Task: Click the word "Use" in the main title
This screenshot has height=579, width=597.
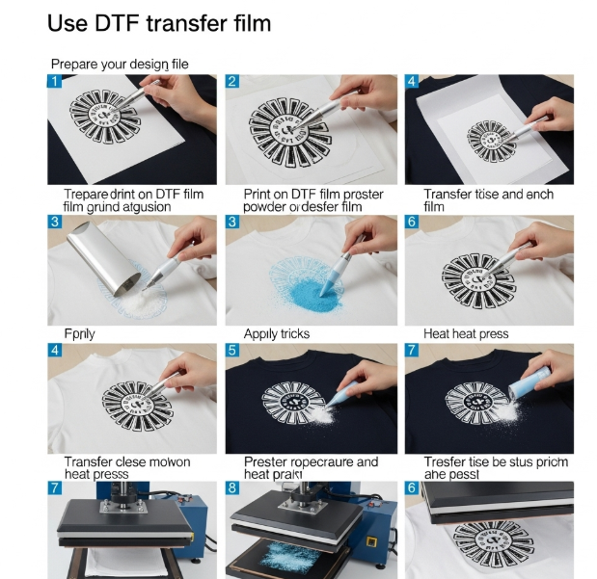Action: click(x=69, y=22)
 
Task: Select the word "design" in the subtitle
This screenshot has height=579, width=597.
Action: click(x=144, y=64)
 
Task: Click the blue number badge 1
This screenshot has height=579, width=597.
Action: click(x=55, y=82)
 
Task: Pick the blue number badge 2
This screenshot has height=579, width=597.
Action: click(x=232, y=82)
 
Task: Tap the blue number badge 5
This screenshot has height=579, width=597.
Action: click(x=232, y=352)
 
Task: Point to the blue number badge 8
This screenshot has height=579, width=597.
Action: click(x=232, y=488)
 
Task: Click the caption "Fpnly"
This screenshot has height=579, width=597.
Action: click(x=80, y=333)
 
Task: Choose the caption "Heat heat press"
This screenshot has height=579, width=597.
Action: click(x=466, y=333)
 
